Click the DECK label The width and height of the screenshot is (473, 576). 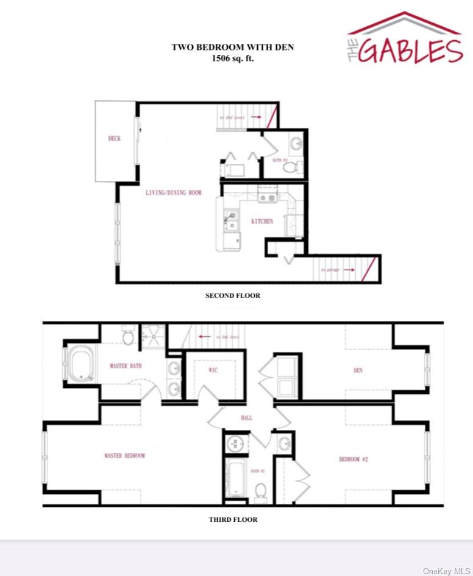115,138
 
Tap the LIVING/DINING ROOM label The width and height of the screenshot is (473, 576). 173,193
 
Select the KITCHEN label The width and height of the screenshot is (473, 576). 262,221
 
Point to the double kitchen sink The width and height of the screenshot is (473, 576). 231,220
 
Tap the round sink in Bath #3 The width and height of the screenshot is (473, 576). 296,144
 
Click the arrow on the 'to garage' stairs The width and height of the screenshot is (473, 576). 349,269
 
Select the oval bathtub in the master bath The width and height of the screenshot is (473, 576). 80,364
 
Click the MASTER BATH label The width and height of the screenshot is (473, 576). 126,366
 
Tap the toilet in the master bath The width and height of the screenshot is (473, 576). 128,335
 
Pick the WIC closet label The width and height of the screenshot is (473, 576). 213,370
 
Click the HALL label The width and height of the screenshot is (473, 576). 246,418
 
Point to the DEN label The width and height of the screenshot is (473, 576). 358,370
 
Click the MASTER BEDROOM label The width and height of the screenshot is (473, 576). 124,455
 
